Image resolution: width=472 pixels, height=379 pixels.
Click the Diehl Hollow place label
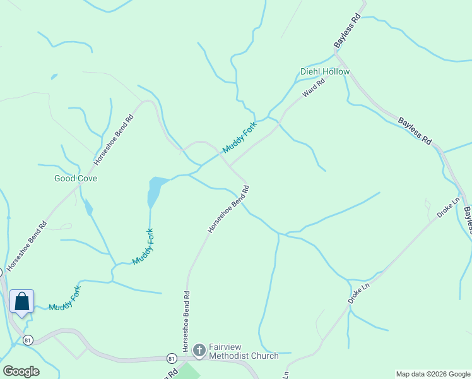pyautogui.click(x=325, y=72)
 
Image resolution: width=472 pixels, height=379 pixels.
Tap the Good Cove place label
pyautogui.click(x=76, y=179)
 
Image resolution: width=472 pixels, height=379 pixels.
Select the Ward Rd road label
pyautogui.click(x=313, y=87)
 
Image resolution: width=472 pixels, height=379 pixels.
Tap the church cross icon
pyautogui.click(x=199, y=349)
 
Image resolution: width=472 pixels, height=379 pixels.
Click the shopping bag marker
pyautogui.click(x=21, y=301)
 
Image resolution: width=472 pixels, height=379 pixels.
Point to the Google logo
pyautogui.click(x=21, y=371)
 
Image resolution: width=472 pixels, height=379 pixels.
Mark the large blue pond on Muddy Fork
pyautogui.click(x=154, y=190)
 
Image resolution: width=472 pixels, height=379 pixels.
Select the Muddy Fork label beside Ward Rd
pyautogui.click(x=240, y=137)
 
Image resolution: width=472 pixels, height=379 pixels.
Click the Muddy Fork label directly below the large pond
pyautogui.click(x=143, y=246)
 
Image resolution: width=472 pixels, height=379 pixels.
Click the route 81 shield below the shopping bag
pyautogui.click(x=27, y=340)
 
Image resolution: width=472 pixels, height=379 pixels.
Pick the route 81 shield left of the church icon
pyautogui.click(x=171, y=358)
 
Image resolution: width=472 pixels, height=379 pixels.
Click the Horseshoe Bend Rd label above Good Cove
pyautogui.click(x=114, y=139)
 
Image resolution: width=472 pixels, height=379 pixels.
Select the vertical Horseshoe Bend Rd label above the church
pyautogui.click(x=186, y=322)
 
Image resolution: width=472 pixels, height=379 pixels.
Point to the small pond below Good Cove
pyautogui.click(x=88, y=207)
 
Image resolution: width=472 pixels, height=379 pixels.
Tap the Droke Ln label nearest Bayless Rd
pyautogui.click(x=448, y=208)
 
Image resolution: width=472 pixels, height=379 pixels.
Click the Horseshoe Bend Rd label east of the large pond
pyautogui.click(x=228, y=208)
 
